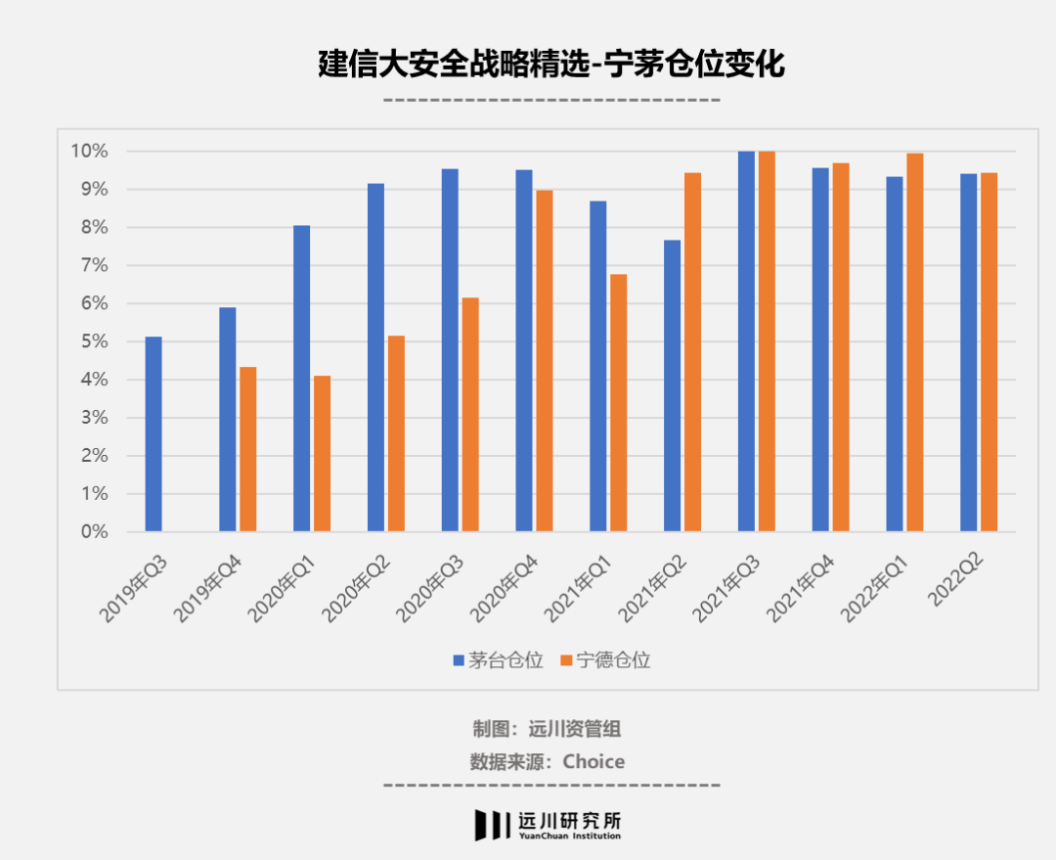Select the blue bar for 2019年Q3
pos(154,434)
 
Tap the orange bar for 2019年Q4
pos(248,449)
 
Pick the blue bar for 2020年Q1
pos(302,379)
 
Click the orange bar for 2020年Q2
pos(396,433)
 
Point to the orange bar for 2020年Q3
pos(470,415)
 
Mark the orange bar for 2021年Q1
pos(619,403)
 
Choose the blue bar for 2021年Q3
pos(746,341)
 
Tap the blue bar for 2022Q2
pos(968,352)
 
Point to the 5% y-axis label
pos(92,341)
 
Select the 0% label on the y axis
pos(92,532)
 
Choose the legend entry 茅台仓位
pos(498,660)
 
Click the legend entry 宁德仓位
pos(605,660)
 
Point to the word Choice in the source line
pos(594,761)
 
